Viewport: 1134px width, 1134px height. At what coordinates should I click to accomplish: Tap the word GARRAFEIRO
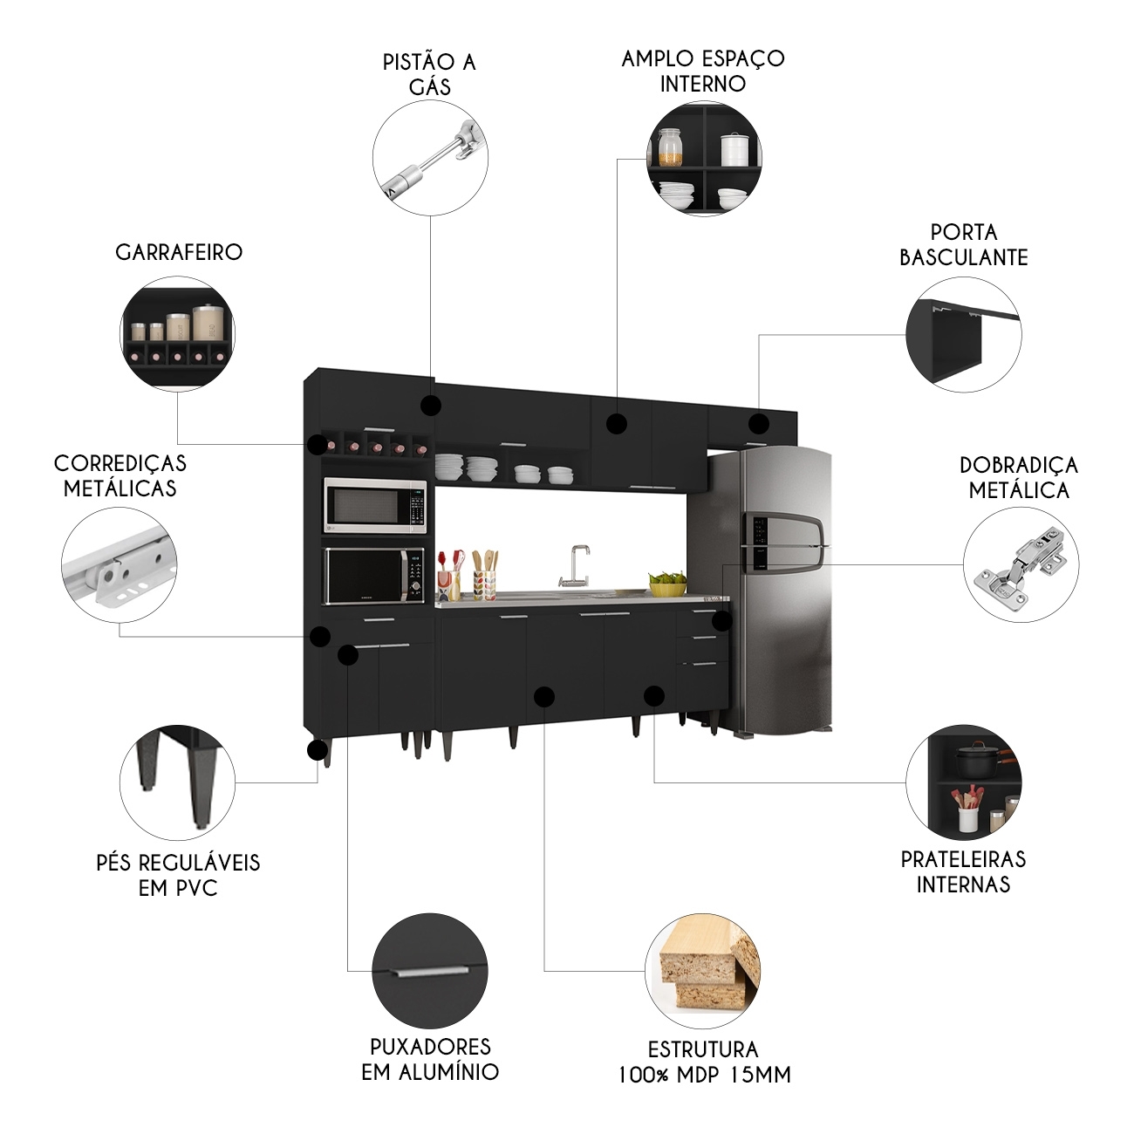pos(179,252)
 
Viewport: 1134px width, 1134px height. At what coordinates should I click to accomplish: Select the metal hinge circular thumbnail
pos(1021,564)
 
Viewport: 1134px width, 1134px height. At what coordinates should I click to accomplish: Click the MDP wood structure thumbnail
pos(703,971)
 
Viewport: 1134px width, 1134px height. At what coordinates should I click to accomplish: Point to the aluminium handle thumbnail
pos(430,971)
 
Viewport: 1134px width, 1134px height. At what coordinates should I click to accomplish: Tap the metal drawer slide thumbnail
pos(120,564)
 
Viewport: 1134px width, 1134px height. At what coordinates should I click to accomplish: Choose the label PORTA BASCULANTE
pos(964,245)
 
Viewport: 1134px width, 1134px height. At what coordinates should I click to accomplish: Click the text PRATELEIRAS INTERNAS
pos(963,871)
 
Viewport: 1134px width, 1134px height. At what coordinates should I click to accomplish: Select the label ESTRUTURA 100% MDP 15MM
pos(704,1062)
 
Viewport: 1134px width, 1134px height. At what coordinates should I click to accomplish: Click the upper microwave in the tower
pos(375,505)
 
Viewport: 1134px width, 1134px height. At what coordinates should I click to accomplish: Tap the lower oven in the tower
pos(375,576)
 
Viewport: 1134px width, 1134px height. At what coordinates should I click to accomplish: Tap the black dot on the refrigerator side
pos(721,621)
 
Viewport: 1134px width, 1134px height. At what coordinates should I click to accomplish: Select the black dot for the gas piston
pos(430,405)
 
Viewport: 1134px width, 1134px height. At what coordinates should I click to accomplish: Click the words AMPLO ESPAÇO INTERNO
pos(703,71)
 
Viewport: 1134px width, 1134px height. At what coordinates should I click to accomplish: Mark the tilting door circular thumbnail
pos(964,335)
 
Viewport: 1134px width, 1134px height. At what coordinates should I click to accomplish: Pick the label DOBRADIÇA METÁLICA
pos(1019,477)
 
